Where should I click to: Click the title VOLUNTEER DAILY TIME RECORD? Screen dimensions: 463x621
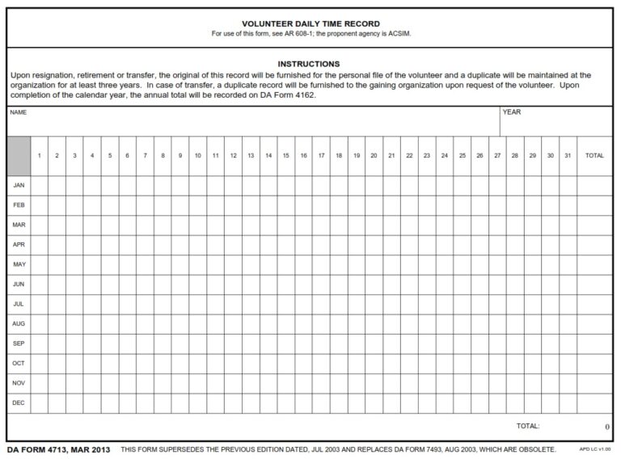point(311,24)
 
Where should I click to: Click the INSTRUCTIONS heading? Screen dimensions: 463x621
point(309,64)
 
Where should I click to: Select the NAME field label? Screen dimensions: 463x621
point(19,112)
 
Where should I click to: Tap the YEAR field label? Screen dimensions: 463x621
point(512,112)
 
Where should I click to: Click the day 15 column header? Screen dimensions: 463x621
point(285,155)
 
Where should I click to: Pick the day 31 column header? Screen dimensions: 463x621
point(568,155)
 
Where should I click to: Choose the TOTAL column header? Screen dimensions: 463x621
point(594,155)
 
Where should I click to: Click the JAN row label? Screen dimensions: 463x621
point(19,185)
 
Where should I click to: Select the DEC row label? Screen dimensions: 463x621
point(19,402)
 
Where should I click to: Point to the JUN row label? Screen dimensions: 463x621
point(19,284)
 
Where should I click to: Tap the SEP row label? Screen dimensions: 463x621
point(19,343)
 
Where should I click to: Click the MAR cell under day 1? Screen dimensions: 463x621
point(40,225)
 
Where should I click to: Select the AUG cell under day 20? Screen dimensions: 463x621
point(374,324)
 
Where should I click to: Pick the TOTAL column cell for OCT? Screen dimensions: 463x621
point(594,364)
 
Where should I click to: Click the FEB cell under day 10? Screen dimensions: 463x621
point(197,205)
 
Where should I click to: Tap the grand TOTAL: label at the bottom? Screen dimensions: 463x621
point(528,426)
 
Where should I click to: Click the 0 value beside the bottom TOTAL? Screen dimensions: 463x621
point(606,427)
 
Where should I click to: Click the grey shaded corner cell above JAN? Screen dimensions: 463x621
point(19,155)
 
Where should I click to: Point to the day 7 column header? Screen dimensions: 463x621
point(145,155)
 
